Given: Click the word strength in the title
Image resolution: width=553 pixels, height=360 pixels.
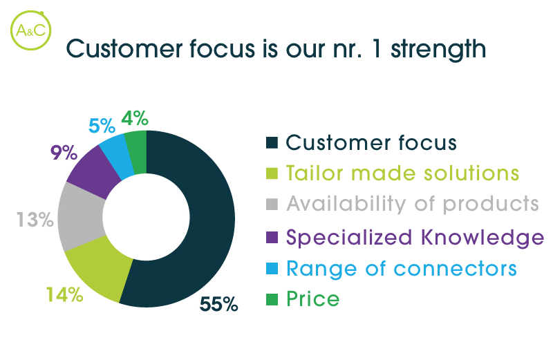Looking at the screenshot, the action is [438, 49].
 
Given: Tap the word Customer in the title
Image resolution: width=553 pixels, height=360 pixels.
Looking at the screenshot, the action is [125, 48].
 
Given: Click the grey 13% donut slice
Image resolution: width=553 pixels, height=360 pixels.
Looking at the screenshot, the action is [80, 217].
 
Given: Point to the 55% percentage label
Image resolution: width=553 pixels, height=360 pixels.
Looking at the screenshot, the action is [218, 304].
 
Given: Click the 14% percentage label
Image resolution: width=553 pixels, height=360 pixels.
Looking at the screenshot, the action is [64, 294].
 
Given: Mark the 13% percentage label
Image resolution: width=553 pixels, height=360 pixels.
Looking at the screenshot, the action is [35, 220].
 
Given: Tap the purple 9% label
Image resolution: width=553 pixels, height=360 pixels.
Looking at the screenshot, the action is [64, 153].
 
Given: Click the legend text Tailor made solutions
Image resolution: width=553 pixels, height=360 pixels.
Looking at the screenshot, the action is [402, 173].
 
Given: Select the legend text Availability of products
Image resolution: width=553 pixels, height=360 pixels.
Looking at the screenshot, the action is [413, 204].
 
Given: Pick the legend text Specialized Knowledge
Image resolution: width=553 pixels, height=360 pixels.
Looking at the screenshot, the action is [415, 237].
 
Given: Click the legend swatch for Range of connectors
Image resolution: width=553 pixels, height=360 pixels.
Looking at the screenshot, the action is [272, 268].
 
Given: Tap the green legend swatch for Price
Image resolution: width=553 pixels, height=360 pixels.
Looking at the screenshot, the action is [272, 299].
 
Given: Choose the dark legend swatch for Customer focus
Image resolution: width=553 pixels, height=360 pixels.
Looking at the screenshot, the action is [272, 143].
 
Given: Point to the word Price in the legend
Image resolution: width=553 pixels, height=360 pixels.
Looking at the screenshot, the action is [313, 299].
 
